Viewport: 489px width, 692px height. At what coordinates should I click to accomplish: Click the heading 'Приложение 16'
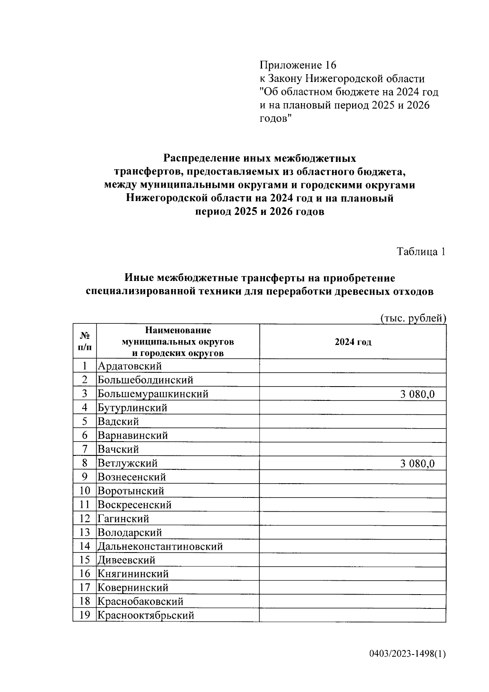click(x=298, y=65)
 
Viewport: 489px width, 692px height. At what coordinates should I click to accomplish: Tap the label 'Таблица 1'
click(x=421, y=252)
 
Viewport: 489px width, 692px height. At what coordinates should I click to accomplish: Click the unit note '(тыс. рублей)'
click(x=413, y=318)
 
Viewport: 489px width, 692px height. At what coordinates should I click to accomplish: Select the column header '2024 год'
click(x=353, y=342)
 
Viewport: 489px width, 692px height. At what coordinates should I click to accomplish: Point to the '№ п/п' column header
click(x=85, y=342)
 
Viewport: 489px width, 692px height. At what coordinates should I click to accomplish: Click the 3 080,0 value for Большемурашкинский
click(x=417, y=394)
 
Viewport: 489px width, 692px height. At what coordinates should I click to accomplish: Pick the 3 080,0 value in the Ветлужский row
click(x=417, y=463)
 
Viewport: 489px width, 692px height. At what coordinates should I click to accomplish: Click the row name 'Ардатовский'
click(x=130, y=366)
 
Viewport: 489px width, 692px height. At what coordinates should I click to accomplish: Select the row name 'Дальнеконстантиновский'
click(x=160, y=546)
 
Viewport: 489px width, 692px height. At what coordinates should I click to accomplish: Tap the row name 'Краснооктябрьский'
click(x=146, y=615)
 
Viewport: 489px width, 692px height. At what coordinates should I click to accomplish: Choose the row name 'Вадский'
click(x=118, y=422)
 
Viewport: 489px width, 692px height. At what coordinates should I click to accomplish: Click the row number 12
click(x=85, y=519)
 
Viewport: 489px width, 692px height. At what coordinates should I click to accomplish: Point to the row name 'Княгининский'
click(x=133, y=574)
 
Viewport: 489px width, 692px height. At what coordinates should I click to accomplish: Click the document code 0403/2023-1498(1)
click(x=407, y=654)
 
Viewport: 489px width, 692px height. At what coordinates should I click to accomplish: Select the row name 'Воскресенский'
click(x=134, y=505)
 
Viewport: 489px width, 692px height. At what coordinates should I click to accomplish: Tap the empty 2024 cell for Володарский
click(x=353, y=533)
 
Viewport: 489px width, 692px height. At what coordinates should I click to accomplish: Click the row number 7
click(x=85, y=449)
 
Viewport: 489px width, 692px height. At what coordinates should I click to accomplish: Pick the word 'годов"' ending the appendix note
click(x=276, y=119)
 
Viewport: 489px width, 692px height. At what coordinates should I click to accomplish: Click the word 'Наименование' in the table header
click(x=178, y=330)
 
